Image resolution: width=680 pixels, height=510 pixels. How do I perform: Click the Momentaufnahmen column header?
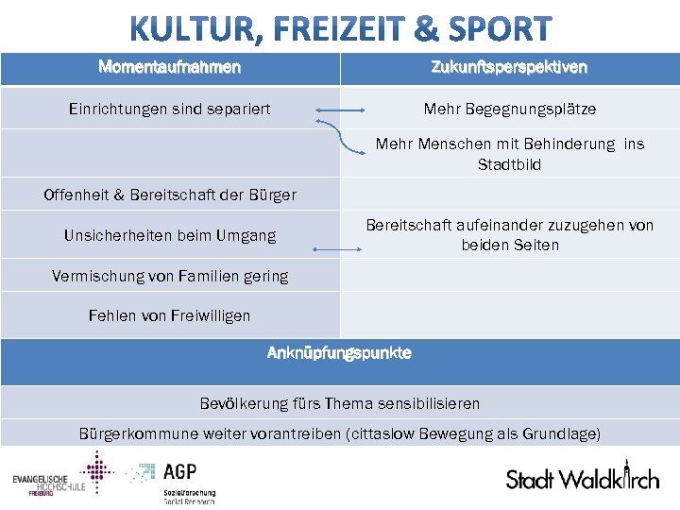pos(170,67)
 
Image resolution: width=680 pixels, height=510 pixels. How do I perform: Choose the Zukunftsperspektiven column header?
pos(509,67)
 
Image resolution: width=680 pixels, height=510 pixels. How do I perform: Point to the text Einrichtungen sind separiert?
pos(170,110)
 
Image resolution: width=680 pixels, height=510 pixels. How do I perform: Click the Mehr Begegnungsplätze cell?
pos(509,110)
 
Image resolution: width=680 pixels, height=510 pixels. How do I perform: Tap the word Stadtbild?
pos(509,164)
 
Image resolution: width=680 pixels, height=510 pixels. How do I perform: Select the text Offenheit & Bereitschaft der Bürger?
pos(170,195)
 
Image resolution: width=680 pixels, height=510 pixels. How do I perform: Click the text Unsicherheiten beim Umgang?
pos(170,235)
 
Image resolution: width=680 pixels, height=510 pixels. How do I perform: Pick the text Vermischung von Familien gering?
pos(170,276)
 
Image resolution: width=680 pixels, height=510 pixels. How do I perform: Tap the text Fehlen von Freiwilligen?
pos(170,315)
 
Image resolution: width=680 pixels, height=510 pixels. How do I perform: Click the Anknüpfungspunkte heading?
pos(340,353)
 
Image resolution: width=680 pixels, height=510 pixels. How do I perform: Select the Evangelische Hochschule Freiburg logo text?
pos(47,484)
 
